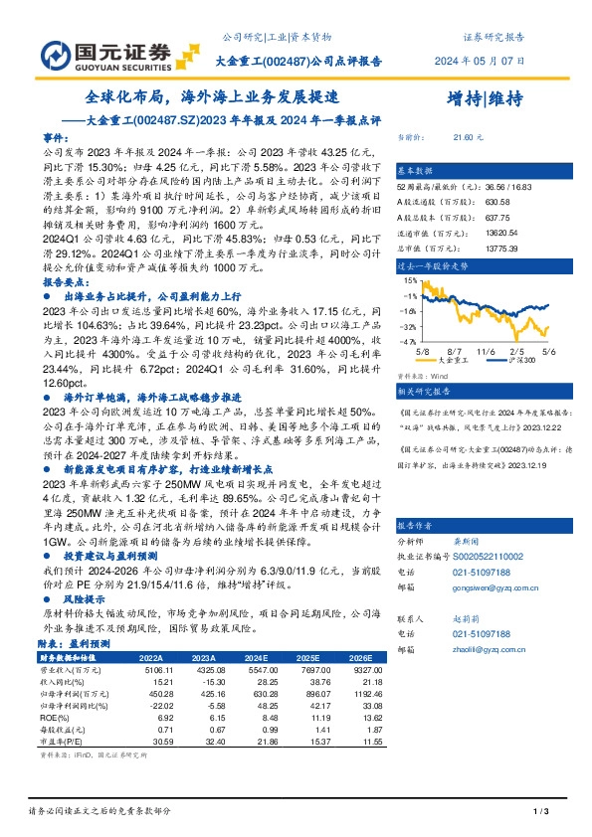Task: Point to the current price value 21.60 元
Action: [x=468, y=136]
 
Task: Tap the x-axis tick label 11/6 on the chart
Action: [x=487, y=352]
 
